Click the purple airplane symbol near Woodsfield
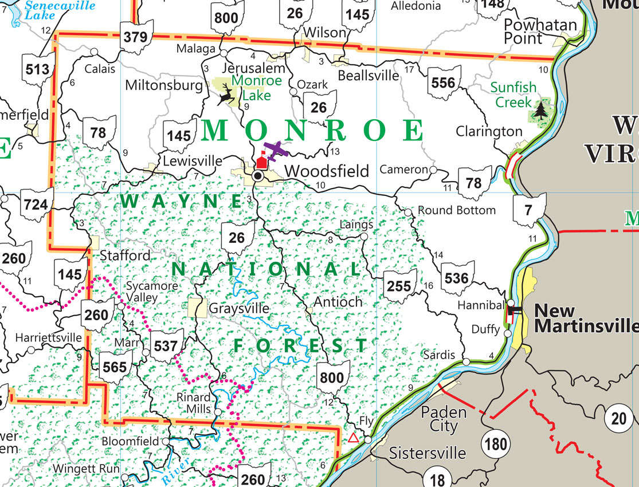(x=276, y=151)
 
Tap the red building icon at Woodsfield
(x=261, y=162)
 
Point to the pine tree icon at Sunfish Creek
(x=539, y=109)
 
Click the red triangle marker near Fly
(x=353, y=438)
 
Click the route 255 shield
(x=399, y=286)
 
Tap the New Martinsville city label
(x=585, y=319)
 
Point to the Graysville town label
(x=238, y=308)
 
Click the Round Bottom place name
(x=457, y=210)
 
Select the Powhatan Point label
(x=532, y=32)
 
